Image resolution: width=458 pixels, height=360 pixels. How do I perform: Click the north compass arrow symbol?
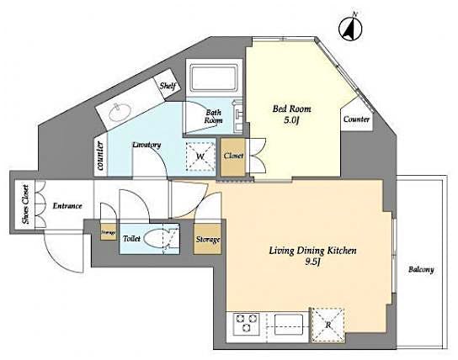(x=350, y=28)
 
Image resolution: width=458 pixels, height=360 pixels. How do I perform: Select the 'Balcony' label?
(x=421, y=269)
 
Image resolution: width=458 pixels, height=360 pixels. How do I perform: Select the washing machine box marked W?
(x=200, y=156)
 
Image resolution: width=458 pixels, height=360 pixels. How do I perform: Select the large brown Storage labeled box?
(x=207, y=240)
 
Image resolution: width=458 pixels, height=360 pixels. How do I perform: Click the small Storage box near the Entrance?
(x=108, y=231)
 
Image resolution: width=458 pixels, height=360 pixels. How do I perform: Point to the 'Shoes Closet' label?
(x=24, y=205)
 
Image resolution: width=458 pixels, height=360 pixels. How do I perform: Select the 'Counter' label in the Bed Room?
(x=356, y=120)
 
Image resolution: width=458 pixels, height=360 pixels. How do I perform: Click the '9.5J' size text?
(x=313, y=263)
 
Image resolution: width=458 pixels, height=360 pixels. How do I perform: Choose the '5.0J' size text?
(x=289, y=121)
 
